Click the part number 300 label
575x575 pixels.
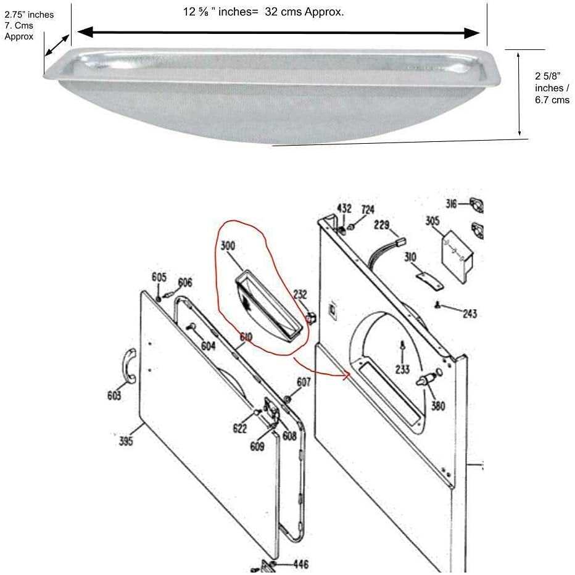point(228,246)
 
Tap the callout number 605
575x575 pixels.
point(159,277)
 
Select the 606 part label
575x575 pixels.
point(185,282)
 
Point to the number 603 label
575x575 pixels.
point(114,395)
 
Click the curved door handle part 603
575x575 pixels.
point(129,366)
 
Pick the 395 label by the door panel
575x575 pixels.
point(126,441)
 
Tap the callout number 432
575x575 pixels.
point(344,209)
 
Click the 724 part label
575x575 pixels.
point(368,209)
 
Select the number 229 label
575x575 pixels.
point(382,225)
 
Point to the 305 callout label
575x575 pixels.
point(432,221)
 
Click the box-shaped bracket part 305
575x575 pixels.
point(457,257)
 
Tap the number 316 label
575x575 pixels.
point(452,203)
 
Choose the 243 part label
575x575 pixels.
point(470,313)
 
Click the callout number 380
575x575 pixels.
point(438,405)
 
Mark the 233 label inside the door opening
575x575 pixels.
point(402,369)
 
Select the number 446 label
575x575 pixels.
point(300,564)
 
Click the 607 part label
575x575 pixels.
point(304,382)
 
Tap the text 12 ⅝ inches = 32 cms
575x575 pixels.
point(263,12)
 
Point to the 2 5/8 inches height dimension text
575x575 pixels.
point(552,88)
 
